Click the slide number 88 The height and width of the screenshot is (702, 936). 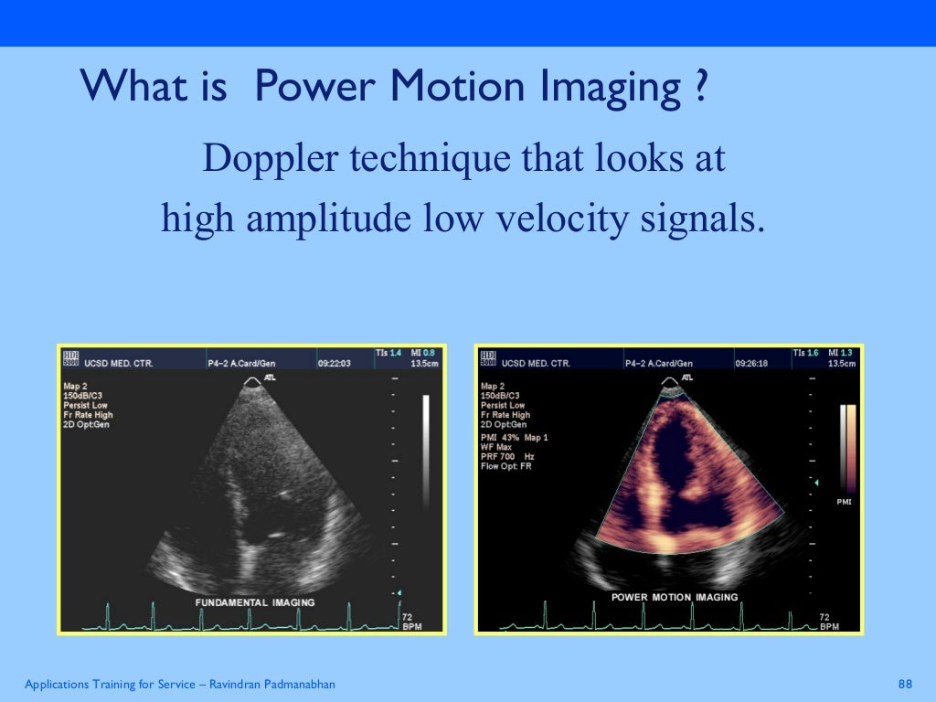click(906, 685)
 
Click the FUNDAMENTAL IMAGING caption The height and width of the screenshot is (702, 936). click(255, 602)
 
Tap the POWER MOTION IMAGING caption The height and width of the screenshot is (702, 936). click(674, 597)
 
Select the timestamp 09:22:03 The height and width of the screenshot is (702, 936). click(334, 363)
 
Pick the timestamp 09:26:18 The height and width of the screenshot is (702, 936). click(751, 363)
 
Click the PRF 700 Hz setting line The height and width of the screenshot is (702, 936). click(507, 456)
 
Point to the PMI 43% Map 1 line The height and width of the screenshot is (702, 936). click(515, 437)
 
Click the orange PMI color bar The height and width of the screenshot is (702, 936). click(851, 448)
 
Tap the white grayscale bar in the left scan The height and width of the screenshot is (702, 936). click(425, 452)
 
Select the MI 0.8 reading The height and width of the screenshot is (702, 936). click(422, 353)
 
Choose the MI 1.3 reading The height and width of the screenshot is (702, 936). click(841, 353)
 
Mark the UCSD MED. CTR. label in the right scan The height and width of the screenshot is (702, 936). click(536, 363)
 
